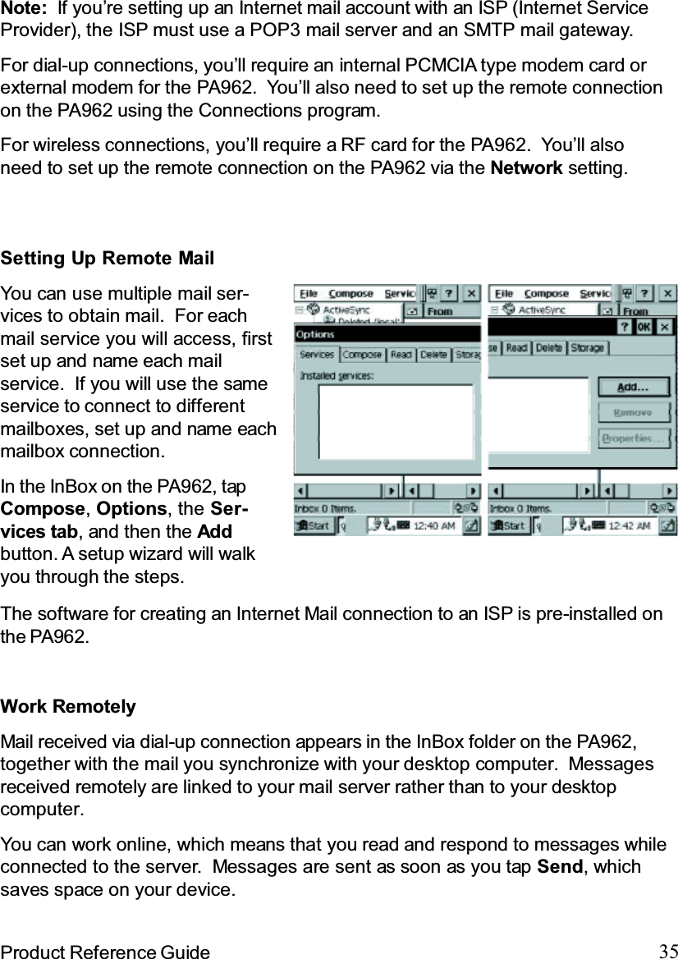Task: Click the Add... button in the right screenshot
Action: click(632, 387)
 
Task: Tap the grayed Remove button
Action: click(632, 413)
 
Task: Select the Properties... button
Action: click(632, 438)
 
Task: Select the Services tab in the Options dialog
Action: click(317, 355)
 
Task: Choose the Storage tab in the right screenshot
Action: click(587, 348)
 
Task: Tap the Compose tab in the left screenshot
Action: click(362, 355)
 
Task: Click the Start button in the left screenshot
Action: click(314, 525)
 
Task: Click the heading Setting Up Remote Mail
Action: click(108, 259)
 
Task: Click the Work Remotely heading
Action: click(69, 707)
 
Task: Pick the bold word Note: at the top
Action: click(23, 9)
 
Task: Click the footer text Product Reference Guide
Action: click(105, 952)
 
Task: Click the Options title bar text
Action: click(314, 335)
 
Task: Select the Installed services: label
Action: click(337, 375)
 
